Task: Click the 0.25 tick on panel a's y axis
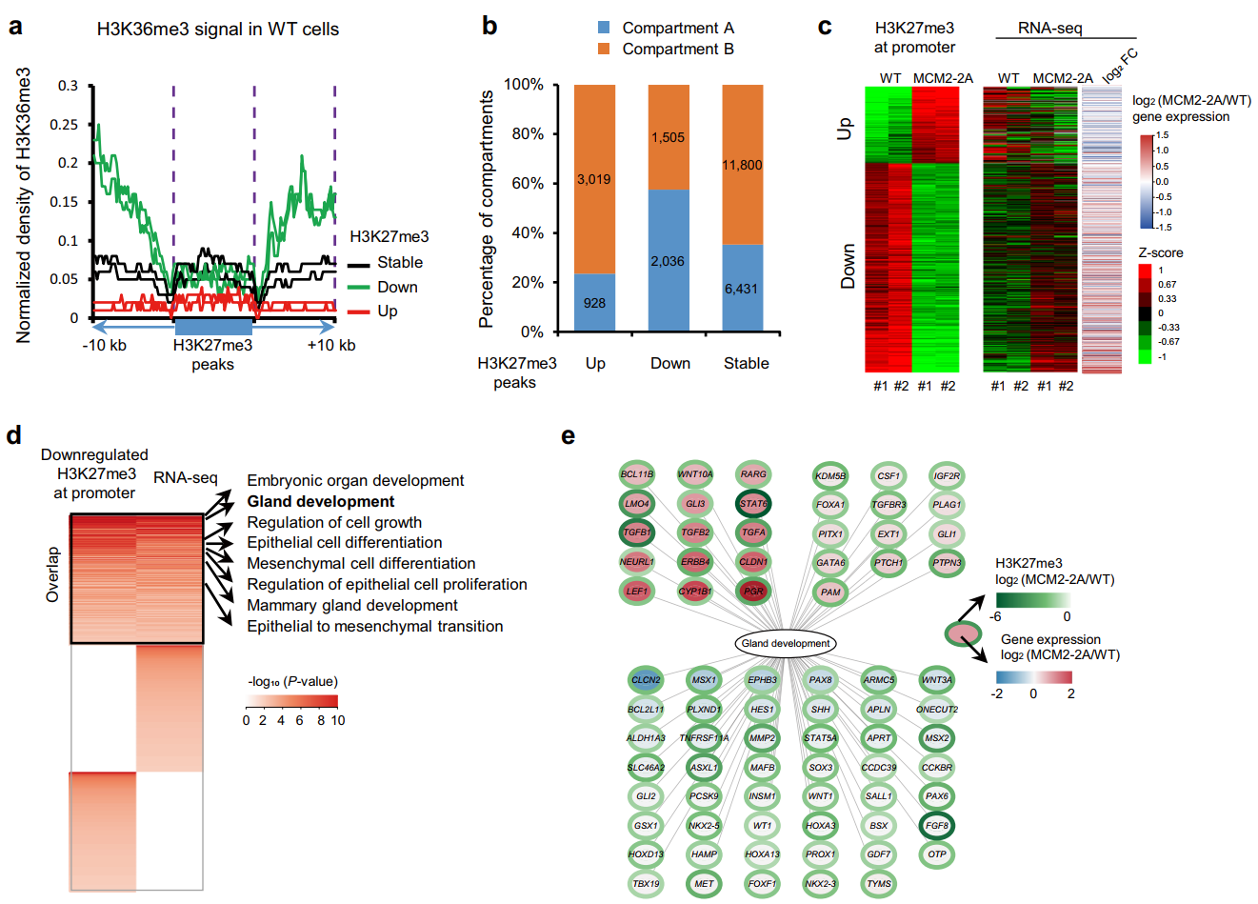65,125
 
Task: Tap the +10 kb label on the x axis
330,345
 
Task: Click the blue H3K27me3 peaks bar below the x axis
213,326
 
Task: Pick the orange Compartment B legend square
603,49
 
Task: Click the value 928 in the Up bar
594,303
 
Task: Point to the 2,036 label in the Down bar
668,261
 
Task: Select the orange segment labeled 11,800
743,165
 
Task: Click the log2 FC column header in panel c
1120,65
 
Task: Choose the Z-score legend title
1161,252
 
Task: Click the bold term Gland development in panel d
320,502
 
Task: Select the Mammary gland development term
352,606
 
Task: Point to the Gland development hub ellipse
786,644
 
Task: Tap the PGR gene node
753,592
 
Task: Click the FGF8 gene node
937,826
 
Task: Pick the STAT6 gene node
753,504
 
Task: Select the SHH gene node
821,709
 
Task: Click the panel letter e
569,436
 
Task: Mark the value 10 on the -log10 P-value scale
337,720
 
